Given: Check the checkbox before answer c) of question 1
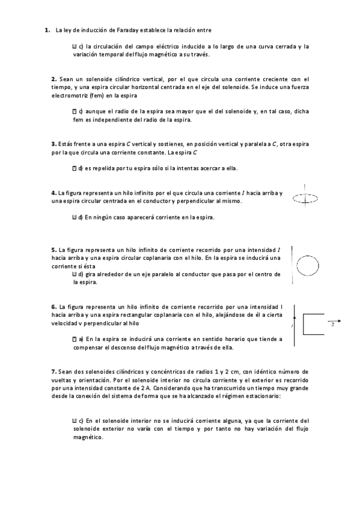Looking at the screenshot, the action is tap(74, 46).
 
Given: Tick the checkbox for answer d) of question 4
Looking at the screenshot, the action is tap(74, 217).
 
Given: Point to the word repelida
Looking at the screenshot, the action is tap(106, 168).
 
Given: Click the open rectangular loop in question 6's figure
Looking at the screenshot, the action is tap(315, 324).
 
